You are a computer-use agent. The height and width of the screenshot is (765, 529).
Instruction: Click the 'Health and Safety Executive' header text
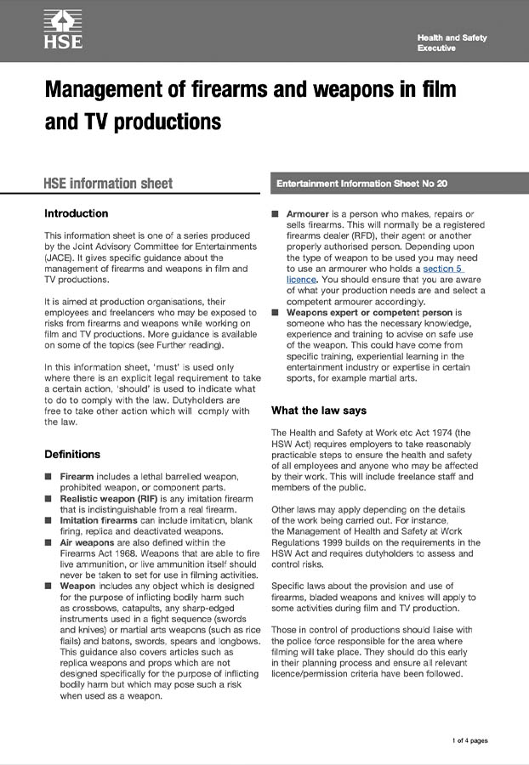point(452,43)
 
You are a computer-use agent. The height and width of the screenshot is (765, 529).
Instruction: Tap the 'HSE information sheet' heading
point(108,183)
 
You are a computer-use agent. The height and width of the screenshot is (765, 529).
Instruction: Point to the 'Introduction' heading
point(77,213)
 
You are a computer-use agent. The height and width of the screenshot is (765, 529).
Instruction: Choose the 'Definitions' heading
point(72,454)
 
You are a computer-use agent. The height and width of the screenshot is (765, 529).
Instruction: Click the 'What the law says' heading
point(319,411)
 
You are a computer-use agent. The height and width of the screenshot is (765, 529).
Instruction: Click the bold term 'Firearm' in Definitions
point(77,476)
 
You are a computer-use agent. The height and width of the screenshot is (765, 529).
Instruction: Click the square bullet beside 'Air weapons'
point(49,541)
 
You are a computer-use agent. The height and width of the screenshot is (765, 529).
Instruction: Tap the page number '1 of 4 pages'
point(469,741)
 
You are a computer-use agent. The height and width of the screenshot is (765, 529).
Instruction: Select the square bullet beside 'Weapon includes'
point(49,586)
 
